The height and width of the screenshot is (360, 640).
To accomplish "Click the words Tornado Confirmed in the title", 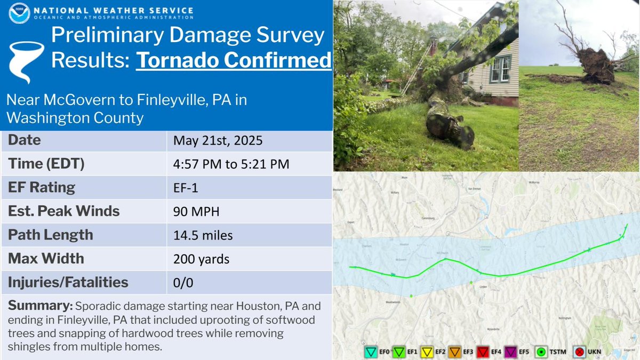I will coord(234,60).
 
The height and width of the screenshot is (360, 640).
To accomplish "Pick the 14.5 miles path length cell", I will coord(203,235).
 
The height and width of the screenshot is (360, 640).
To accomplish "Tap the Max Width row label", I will coord(46,259).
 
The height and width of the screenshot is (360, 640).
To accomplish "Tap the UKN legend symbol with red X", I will coord(580,353).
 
